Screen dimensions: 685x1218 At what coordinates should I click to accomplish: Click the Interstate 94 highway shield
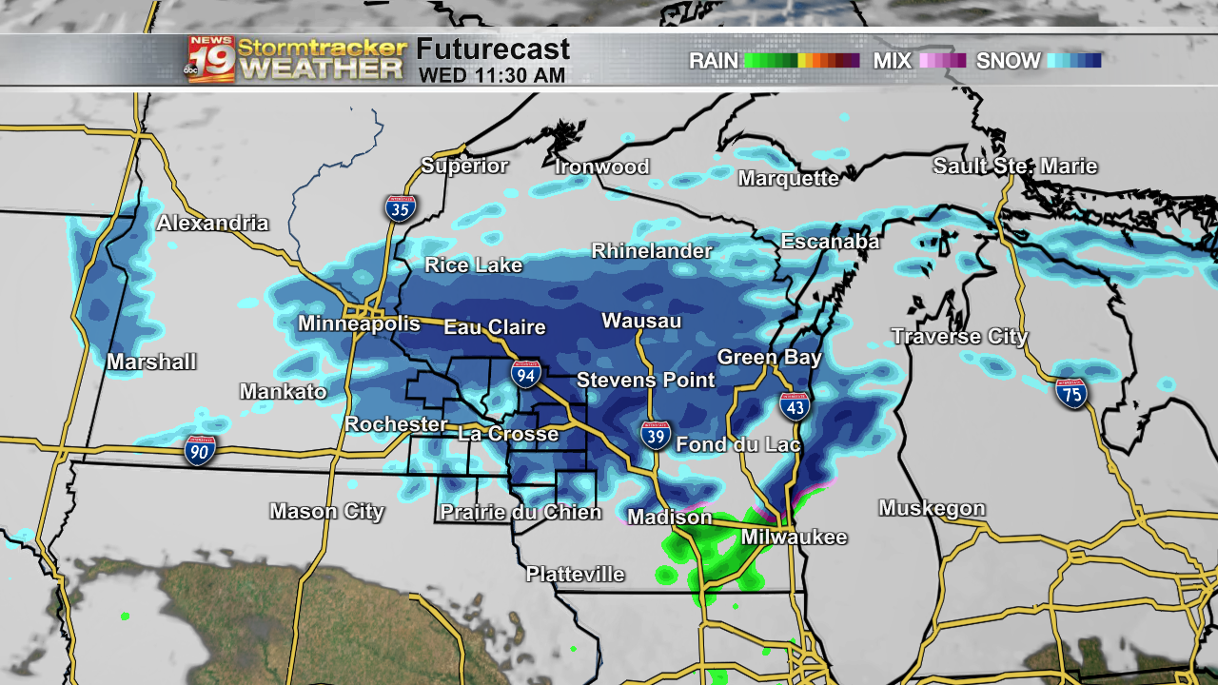525,374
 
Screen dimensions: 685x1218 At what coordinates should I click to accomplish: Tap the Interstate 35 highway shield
400,208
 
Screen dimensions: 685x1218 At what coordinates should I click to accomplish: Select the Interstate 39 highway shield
655,435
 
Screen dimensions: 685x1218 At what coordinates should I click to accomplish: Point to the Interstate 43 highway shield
795,406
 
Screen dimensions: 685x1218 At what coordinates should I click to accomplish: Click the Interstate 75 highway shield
1071,393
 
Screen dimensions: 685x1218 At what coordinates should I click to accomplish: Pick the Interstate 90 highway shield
200,450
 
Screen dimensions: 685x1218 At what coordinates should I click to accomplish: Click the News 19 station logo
210,59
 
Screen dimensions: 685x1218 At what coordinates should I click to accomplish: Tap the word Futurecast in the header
493,49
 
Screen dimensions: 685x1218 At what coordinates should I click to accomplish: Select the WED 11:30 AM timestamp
492,74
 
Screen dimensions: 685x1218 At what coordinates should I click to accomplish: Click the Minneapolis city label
359,323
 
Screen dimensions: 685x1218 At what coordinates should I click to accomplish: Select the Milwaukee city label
794,538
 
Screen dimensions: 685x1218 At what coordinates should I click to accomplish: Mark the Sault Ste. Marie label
1014,166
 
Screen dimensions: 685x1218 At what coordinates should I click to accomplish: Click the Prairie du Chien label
521,513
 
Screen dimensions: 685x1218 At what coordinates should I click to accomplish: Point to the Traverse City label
959,337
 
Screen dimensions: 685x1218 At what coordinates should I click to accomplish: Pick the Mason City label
326,512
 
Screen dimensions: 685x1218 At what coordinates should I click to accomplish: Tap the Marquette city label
789,179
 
